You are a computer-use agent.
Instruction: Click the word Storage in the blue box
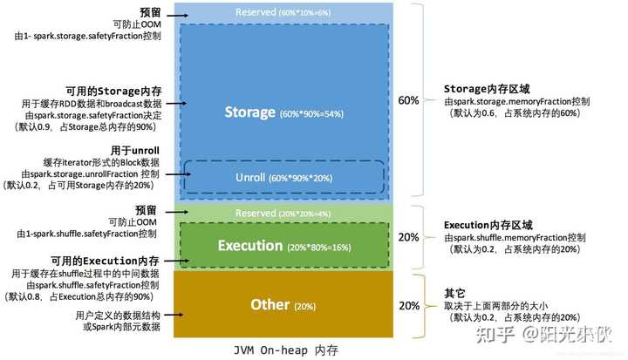[249, 112]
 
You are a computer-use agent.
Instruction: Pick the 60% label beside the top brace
[408, 100]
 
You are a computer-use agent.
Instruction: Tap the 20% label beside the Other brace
[408, 305]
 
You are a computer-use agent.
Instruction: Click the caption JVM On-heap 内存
[285, 350]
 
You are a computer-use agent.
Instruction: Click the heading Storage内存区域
[483, 90]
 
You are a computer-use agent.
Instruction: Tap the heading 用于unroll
[134, 150]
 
